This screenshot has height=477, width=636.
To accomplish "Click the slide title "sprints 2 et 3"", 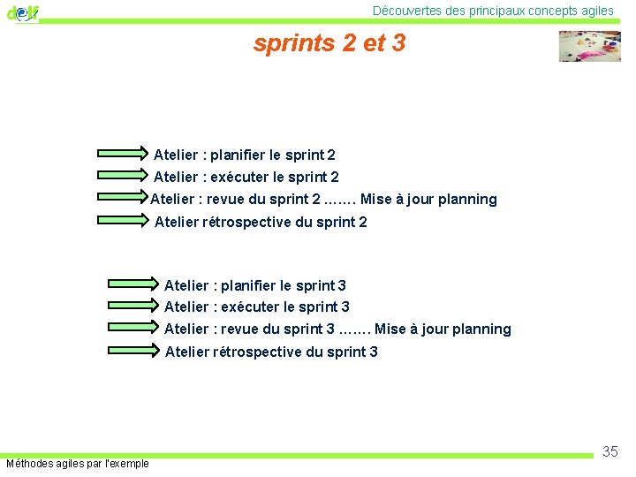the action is click(329, 43).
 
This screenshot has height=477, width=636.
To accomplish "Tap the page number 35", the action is click(609, 452).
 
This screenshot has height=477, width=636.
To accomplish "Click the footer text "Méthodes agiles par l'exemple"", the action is click(78, 464).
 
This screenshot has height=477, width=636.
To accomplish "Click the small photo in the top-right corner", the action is click(589, 46).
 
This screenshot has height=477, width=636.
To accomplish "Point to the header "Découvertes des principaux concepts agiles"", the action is click(493, 11).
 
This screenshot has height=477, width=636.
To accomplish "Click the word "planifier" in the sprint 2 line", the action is click(238, 155).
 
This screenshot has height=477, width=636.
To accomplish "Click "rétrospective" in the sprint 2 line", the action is click(255, 223).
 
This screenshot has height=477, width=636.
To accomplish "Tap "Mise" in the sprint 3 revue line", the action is click(391, 329).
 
